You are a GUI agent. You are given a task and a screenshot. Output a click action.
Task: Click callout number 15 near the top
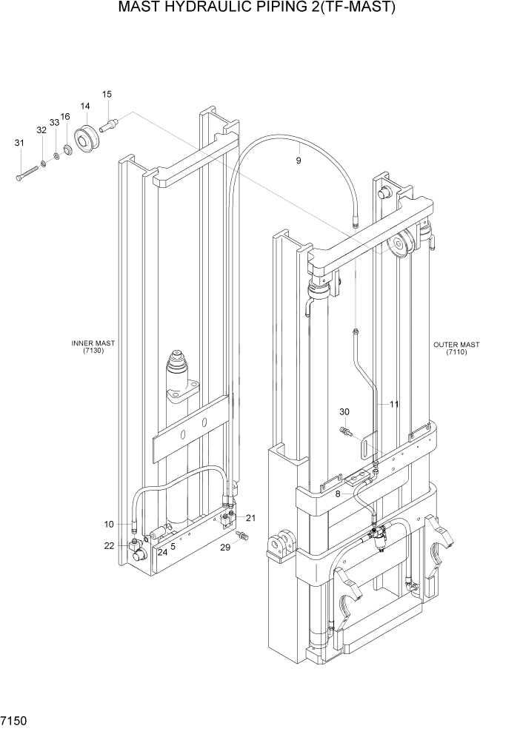tap(107, 94)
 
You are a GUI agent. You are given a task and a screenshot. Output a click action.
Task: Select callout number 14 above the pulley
tap(84, 107)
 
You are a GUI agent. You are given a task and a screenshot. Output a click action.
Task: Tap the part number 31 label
tap(19, 143)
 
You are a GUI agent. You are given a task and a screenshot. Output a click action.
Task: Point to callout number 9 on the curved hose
tap(299, 161)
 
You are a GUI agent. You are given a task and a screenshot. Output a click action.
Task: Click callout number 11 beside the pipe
tap(393, 404)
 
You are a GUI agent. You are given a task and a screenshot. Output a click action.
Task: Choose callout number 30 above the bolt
tap(344, 411)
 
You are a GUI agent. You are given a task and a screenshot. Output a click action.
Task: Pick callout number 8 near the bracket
tap(338, 493)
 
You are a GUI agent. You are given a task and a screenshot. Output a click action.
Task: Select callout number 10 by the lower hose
tap(109, 524)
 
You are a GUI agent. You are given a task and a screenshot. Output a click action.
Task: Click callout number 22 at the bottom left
tap(109, 545)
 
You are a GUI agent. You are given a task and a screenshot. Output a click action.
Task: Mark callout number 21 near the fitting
tap(250, 517)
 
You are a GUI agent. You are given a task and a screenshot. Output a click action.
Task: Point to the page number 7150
tap(15, 719)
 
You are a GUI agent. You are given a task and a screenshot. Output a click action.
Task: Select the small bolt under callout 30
tap(345, 430)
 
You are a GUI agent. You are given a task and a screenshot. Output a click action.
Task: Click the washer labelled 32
tap(44, 162)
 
